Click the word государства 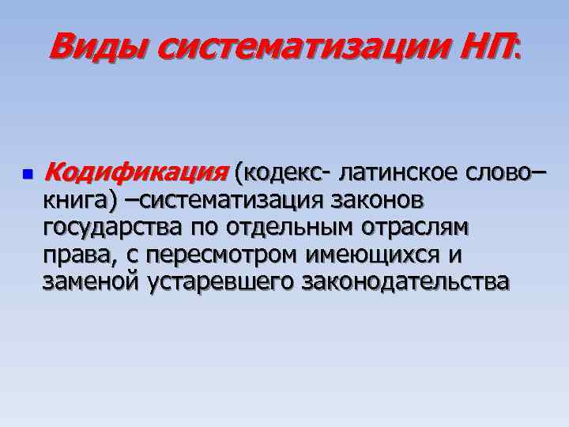[114, 229]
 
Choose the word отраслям [421, 229]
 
